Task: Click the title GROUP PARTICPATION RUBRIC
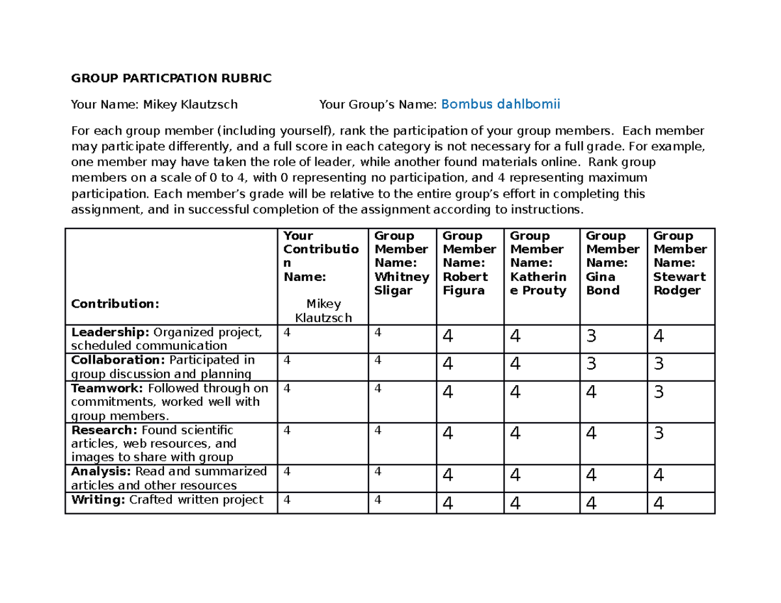(x=171, y=79)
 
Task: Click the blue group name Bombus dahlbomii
(x=500, y=103)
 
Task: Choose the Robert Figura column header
(x=469, y=263)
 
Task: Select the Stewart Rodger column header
(x=679, y=263)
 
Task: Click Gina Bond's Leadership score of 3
(x=591, y=337)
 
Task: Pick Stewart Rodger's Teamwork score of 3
(x=659, y=392)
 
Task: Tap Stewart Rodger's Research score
(x=659, y=433)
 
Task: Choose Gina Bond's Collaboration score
(x=591, y=364)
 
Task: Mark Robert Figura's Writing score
(x=447, y=503)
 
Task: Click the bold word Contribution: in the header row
(x=115, y=304)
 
